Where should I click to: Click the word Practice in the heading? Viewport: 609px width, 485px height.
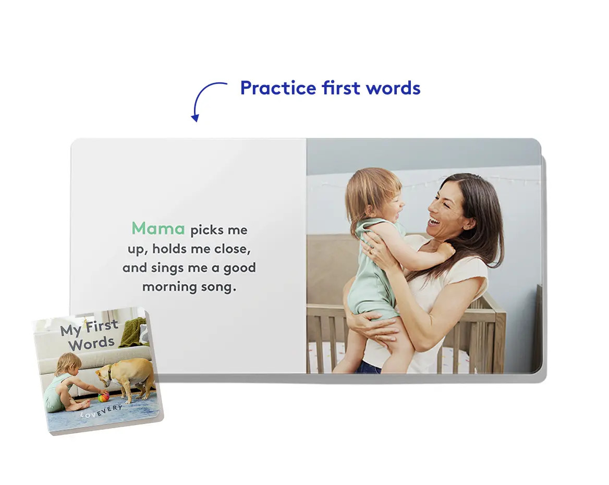pos(278,88)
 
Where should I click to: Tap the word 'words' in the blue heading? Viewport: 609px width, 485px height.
pos(393,88)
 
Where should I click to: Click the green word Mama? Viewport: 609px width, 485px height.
pos(158,228)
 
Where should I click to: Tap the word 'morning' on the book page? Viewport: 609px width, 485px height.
pos(168,287)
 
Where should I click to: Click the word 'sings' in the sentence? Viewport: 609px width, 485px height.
pos(167,268)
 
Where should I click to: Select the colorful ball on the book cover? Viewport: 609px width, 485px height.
pos(103,397)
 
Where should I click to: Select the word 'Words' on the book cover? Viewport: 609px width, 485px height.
pos(92,344)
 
